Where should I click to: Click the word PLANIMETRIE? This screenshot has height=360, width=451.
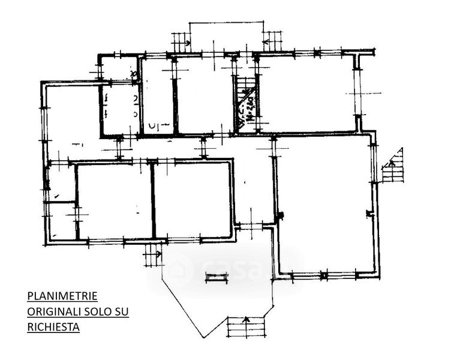click(x=62, y=296)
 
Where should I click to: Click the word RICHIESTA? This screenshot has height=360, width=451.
click(x=53, y=328)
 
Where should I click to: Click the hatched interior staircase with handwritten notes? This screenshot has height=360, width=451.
click(x=245, y=105)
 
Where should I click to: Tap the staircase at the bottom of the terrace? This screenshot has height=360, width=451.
click(x=246, y=328)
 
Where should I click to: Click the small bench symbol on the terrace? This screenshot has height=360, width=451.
click(x=217, y=277)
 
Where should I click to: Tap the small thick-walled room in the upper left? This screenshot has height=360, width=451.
click(x=119, y=110)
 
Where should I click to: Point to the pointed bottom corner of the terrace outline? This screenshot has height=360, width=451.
click(x=202, y=338)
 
